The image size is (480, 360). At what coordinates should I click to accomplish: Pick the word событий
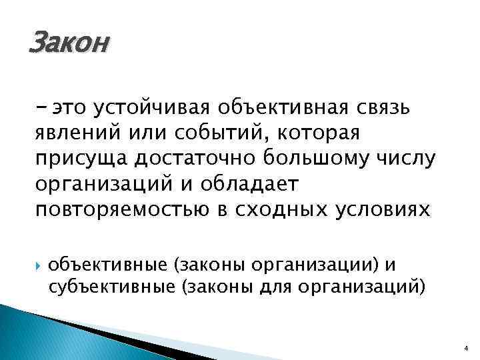point(211,133)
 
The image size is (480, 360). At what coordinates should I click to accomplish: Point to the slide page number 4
point(465,347)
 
